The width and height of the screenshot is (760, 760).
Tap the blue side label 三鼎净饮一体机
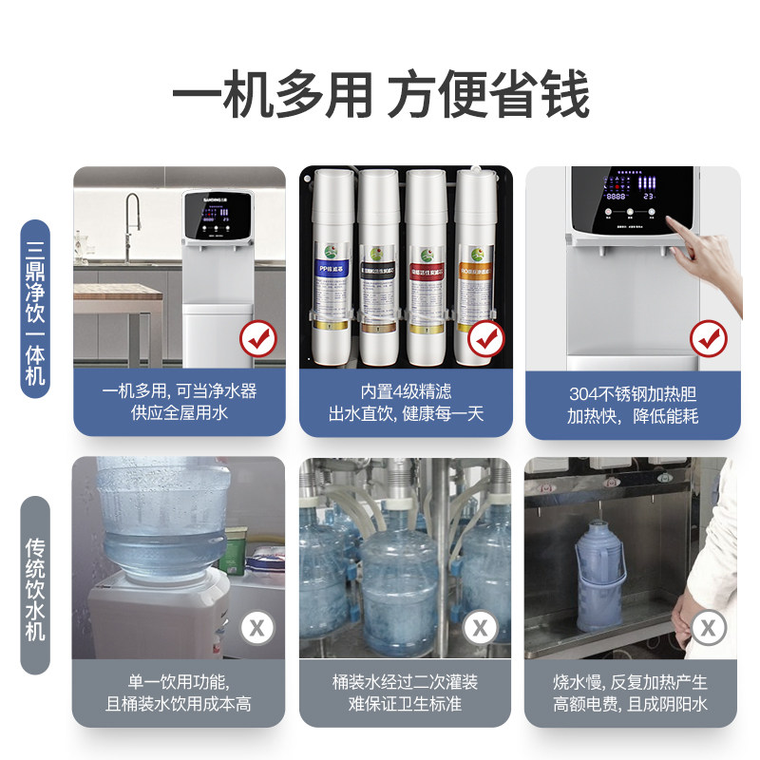(x=35, y=302)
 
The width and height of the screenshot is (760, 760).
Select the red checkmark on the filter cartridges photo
(x=484, y=336)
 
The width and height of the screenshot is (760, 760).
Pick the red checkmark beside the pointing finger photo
(x=708, y=337)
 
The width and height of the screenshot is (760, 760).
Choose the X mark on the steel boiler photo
(x=708, y=627)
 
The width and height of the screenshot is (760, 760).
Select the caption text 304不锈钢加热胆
(x=633, y=391)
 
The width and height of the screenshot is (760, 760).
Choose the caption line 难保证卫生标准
(x=406, y=705)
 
